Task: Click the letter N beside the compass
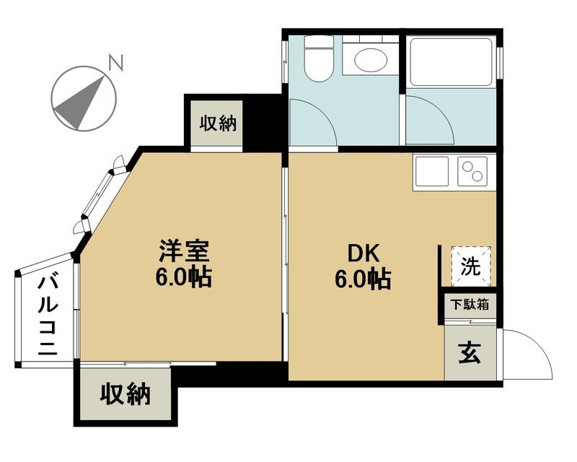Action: click(116, 63)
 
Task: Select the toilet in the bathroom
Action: click(319, 58)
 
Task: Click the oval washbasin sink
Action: click(371, 59)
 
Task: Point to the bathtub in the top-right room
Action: click(452, 62)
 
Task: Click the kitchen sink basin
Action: click(431, 171)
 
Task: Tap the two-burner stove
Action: click(472, 171)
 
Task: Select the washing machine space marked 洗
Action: click(472, 266)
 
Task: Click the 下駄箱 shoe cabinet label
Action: click(470, 305)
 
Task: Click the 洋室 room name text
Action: click(184, 251)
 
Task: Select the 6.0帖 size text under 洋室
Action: click(184, 277)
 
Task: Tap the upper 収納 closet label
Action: click(218, 123)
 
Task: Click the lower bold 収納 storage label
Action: click(125, 394)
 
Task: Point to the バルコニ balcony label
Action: click(48, 315)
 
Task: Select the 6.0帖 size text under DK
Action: click(363, 279)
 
